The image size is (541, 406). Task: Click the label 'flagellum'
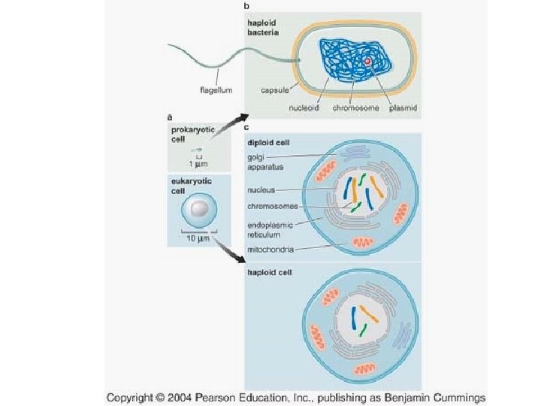coord(216,90)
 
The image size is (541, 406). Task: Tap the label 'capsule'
coord(276,90)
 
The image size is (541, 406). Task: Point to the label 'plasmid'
coord(403,108)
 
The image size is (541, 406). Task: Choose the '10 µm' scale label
coord(198,238)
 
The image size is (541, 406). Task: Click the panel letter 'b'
coord(247,7)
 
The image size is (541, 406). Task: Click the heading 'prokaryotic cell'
coord(192,134)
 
